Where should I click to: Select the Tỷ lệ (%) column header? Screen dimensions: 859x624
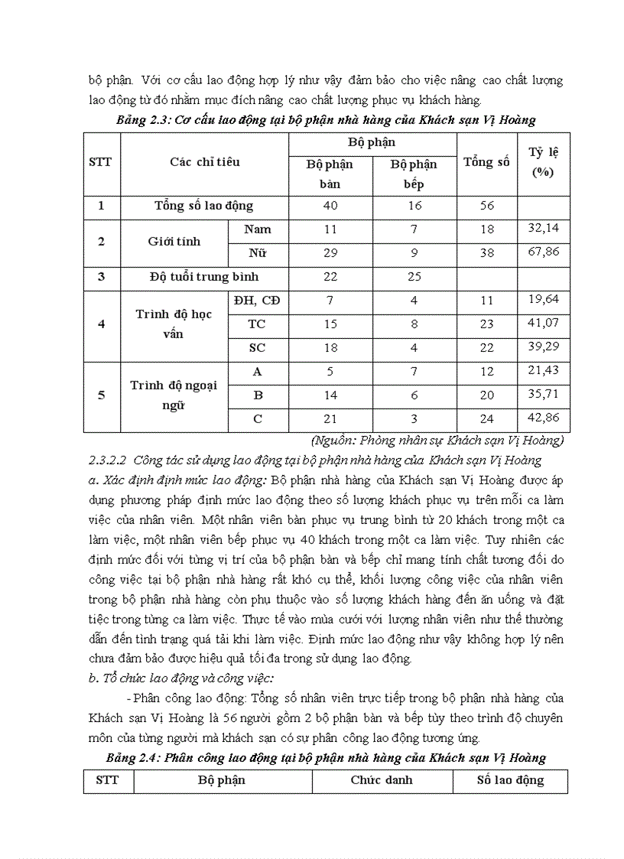pos(543,162)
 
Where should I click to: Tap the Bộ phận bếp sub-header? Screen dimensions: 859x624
pos(413,174)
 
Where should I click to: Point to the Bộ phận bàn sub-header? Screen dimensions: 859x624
pos(329,174)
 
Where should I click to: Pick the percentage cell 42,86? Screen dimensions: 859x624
pos(544,418)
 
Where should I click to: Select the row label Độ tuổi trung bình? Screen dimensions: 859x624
pos(204,277)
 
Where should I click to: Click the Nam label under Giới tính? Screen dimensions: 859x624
pos(257,229)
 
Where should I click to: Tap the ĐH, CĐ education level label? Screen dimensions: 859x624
pos(257,301)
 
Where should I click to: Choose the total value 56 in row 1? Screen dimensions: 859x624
pos(487,206)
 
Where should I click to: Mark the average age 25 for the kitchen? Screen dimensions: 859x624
pos(413,277)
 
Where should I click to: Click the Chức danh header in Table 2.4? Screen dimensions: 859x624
pos(382,780)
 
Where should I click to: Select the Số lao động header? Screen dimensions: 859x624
pos(510,780)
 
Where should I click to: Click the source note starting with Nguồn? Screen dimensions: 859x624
pos(437,440)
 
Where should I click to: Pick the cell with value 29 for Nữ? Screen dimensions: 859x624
pos(329,253)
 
